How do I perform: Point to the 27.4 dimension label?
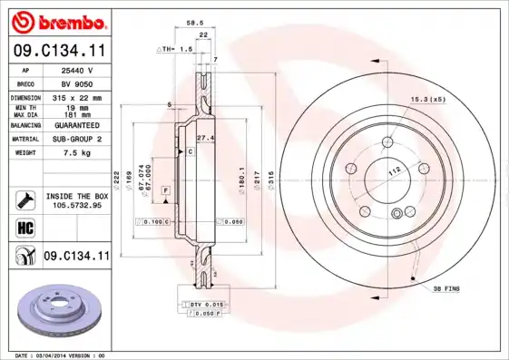pos(204,137)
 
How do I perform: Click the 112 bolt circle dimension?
pos(396,170)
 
